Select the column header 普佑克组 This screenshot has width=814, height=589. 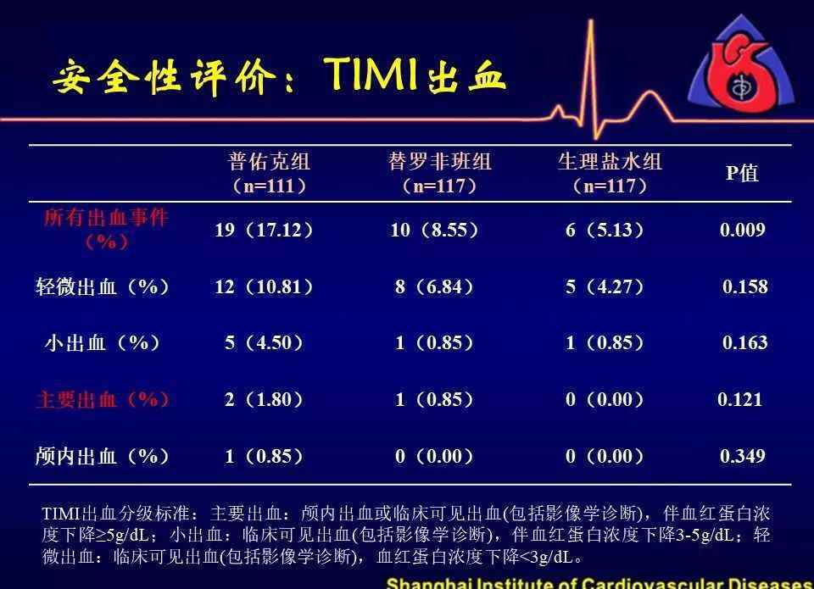pos(269,161)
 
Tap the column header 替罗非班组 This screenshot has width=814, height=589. pos(439,161)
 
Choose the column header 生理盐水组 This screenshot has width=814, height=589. pos(610,161)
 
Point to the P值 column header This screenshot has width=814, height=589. pos(742,173)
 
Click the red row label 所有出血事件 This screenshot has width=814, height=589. pos(106,218)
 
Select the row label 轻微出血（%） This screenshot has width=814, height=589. pos(103,286)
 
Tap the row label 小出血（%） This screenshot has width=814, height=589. pos(103,342)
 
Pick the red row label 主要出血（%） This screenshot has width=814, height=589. pos(103,399)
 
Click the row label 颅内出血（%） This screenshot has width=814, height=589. pos(103,456)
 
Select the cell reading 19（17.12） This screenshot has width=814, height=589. pos(264,230)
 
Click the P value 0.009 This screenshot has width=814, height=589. pos(743,230)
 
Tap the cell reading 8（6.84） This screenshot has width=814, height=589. pos(434,286)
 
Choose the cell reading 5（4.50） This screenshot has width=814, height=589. pos(264,342)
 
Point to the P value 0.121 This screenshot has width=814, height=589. pos(739,399)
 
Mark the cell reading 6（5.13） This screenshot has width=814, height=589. pos(605,230)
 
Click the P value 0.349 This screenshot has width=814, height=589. pos(743,456)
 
